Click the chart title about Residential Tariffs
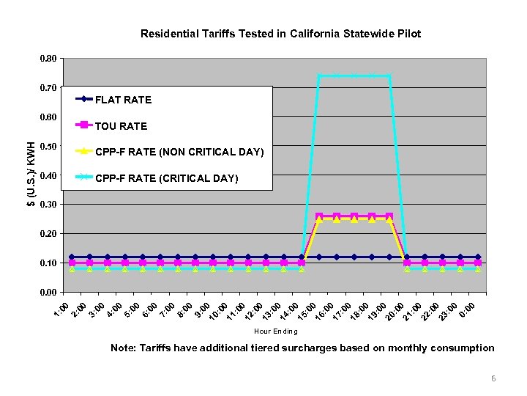[280, 34]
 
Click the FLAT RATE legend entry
[123, 99]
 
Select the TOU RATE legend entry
[121, 125]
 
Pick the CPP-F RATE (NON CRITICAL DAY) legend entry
[179, 152]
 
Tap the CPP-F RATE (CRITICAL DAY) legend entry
[167, 178]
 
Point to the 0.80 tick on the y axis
[48, 59]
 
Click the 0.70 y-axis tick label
[48, 88]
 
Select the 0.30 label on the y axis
[48, 205]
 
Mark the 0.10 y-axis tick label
[48, 263]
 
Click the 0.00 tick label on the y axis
[48, 293]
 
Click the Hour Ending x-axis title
[275, 331]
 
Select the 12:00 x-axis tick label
[253, 311]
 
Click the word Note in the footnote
[122, 348]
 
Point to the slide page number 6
[493, 378]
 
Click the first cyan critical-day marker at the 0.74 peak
[319, 75]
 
